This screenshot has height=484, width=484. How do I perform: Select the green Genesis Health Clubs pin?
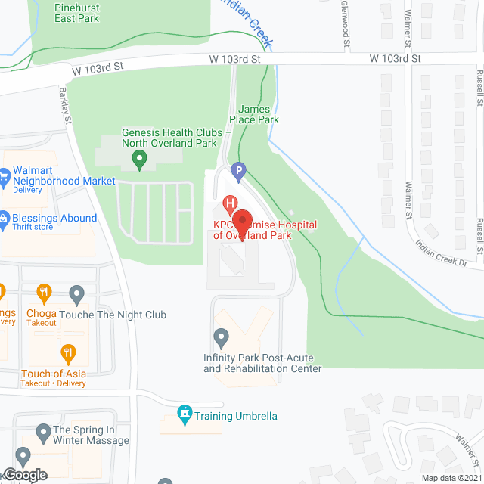tap(139, 159)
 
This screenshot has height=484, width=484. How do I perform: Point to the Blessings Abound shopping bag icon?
tap(4, 218)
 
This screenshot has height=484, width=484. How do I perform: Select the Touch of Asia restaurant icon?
tap(69, 352)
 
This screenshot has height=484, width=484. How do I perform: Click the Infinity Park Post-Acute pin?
tap(221, 335)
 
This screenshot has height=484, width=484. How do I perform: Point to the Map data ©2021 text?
tap(451, 478)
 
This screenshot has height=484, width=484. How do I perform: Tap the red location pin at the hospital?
tap(241, 221)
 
